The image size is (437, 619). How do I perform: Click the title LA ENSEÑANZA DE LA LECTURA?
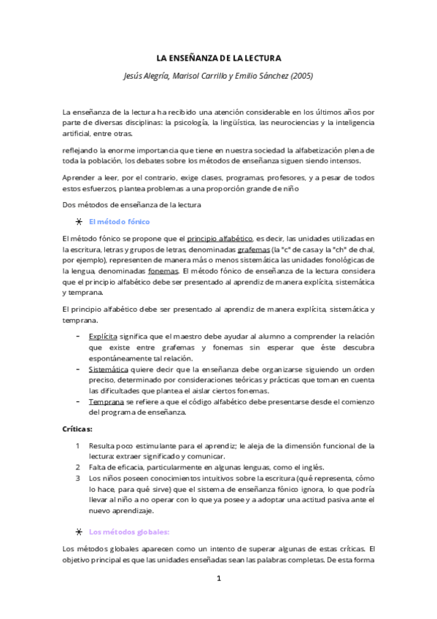(220, 58)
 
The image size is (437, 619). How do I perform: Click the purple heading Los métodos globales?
(128, 531)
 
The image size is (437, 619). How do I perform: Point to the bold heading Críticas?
(78, 429)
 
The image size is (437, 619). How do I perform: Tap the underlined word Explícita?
(104, 337)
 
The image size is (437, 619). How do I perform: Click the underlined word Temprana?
(105, 401)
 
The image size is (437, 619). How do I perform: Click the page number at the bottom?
(219, 578)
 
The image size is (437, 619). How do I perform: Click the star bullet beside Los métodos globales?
(79, 531)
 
